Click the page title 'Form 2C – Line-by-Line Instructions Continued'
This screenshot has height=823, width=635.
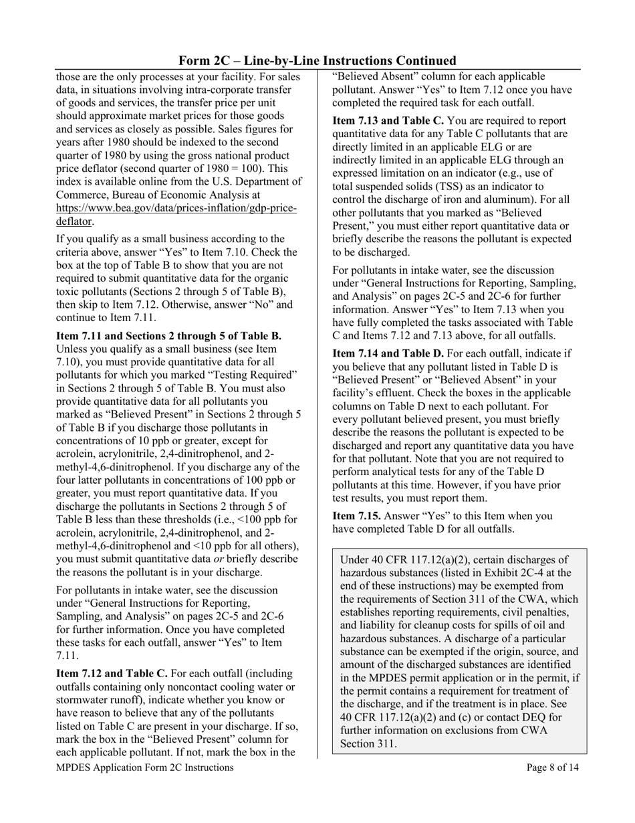(x=317, y=60)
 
